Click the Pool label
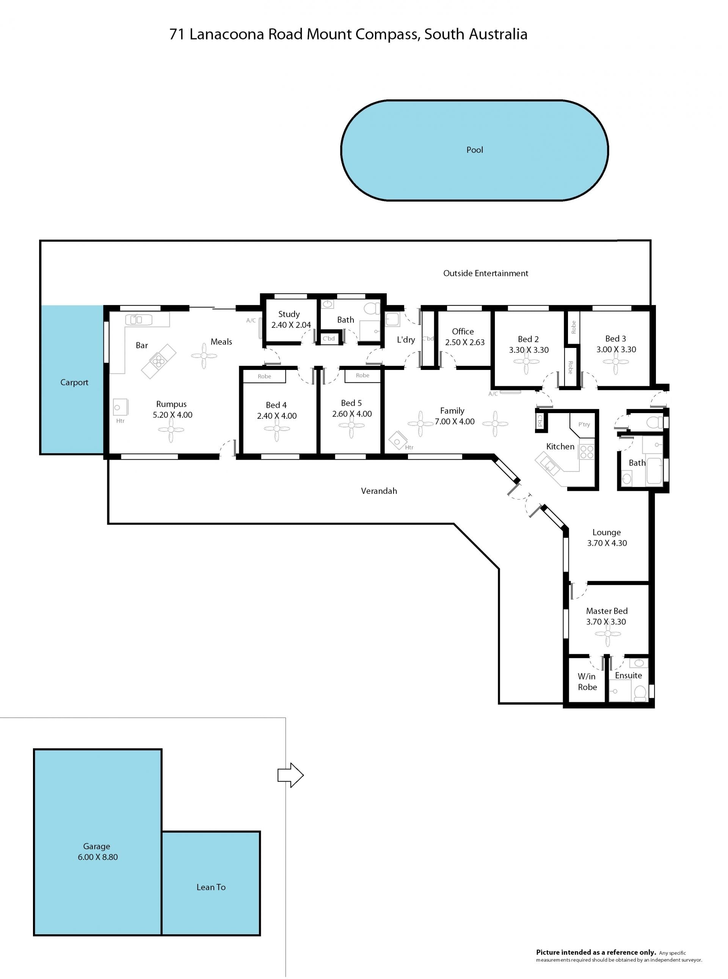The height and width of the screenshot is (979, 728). pos(475,150)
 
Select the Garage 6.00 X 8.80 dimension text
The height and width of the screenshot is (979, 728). pos(98,857)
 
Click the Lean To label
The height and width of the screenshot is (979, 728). pos(211,887)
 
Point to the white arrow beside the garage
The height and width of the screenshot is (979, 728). pos(290,775)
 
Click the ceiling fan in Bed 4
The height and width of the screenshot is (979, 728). pos(277,429)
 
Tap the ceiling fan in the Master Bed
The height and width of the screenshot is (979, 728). pos(608,634)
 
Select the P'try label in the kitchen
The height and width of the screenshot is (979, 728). pos(584,424)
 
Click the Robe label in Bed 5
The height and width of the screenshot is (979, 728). pos(363,375)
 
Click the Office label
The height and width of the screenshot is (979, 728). pos(463,331)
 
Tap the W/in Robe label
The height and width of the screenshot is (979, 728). pos(587,681)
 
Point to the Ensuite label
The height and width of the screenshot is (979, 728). pos(628,675)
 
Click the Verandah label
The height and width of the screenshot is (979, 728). pos(379,490)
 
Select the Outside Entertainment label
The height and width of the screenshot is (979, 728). pos(486,273)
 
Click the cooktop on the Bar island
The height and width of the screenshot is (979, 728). pos(158,362)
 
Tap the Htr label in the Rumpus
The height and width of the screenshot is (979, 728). pos(120,421)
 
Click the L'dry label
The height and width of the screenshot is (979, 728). pos(406,340)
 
